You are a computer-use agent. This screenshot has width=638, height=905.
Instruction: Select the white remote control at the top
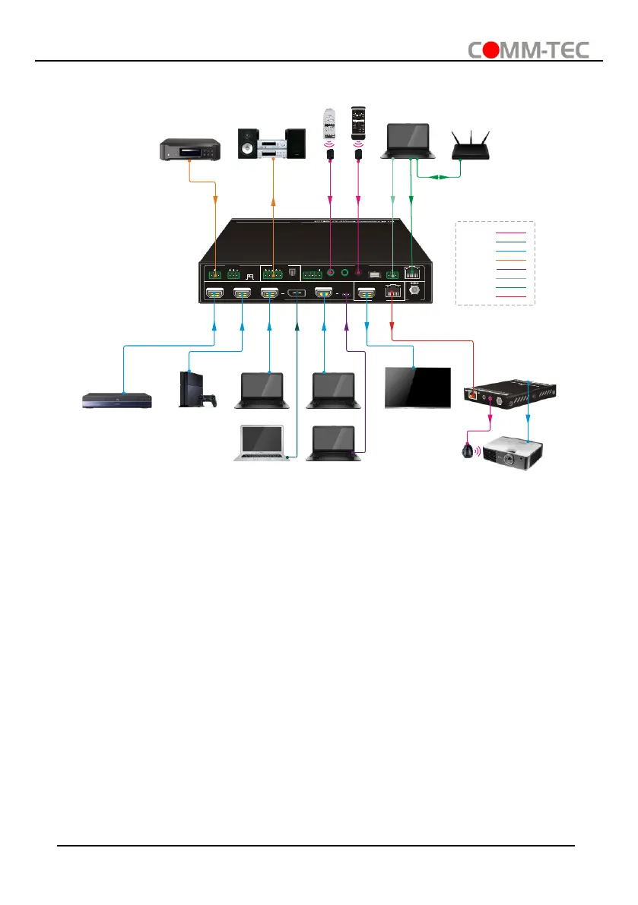[329, 125]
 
